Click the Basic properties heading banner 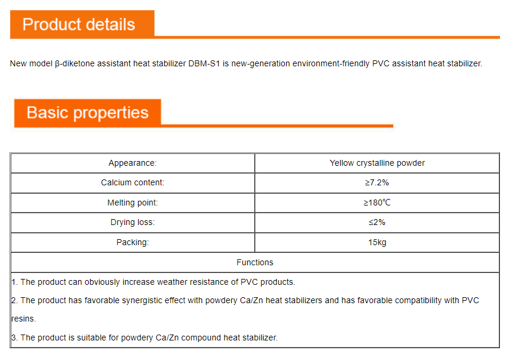click(x=88, y=112)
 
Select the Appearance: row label click(x=133, y=163)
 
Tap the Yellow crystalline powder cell click(x=377, y=163)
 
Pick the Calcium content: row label click(x=133, y=183)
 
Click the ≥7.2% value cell click(x=377, y=183)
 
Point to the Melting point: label click(x=133, y=202)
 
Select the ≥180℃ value click(x=377, y=202)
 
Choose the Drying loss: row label click(x=133, y=223)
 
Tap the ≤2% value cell click(x=377, y=223)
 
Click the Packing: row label click(x=133, y=242)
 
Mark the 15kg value click(x=377, y=242)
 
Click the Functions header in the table click(x=255, y=262)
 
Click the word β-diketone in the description click(x=75, y=63)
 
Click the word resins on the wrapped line click(x=23, y=319)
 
